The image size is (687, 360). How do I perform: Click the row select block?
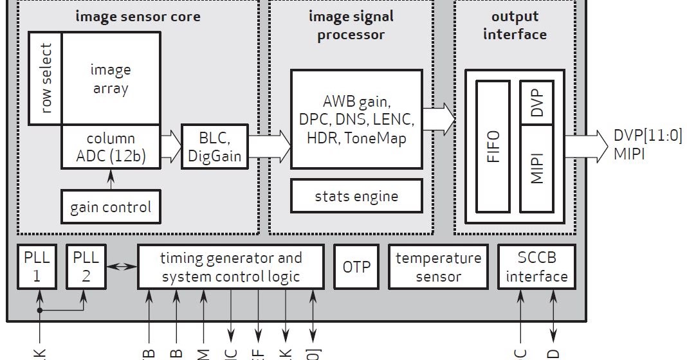(45, 78)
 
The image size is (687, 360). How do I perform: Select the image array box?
(111, 78)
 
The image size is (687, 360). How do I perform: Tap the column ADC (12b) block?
(111, 147)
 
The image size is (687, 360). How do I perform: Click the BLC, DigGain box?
(214, 147)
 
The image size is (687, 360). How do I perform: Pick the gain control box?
(111, 207)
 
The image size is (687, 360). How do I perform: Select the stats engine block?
(356, 196)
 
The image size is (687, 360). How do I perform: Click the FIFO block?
(493, 147)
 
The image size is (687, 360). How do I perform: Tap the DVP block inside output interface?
(538, 102)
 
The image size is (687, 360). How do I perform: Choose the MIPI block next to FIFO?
(538, 168)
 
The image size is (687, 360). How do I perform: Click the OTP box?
(356, 267)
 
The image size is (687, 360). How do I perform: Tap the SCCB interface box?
(536, 267)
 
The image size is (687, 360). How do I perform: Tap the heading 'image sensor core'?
(138, 16)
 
